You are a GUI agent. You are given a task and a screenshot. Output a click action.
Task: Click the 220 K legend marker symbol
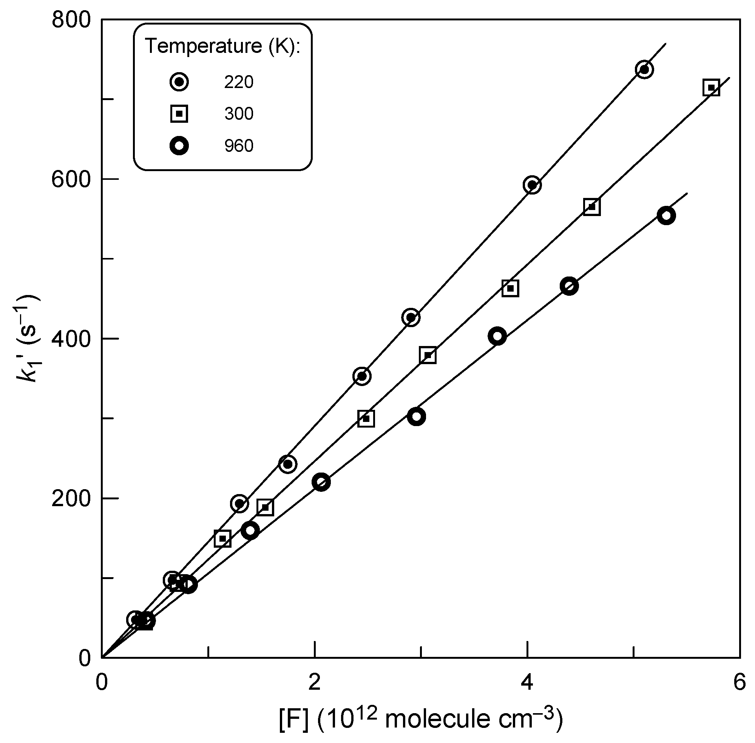[179, 82]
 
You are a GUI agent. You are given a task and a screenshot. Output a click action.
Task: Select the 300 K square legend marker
[179, 114]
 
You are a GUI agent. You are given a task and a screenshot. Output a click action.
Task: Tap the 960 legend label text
[239, 146]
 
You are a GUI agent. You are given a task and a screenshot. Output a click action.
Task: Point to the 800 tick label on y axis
[71, 20]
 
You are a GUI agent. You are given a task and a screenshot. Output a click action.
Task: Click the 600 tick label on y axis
[71, 179]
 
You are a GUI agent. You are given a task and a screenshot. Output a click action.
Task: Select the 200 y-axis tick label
[71, 499]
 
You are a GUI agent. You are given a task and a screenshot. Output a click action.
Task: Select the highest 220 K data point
[644, 70]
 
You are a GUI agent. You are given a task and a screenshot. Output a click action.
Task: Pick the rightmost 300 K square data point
[711, 88]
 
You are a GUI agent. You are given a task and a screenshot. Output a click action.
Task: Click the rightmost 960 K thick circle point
[666, 216]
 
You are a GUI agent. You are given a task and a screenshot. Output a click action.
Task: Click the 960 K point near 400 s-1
[497, 337]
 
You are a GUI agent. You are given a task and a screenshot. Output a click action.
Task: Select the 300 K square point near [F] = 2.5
[366, 419]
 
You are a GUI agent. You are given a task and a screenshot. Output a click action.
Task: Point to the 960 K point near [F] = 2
[321, 482]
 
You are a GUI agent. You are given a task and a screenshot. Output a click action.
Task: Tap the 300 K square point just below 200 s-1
[265, 507]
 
